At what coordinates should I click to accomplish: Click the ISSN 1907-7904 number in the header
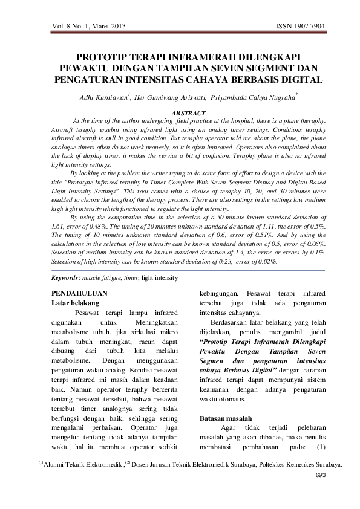tap(300, 27)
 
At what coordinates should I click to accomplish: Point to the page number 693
tap(320, 476)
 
